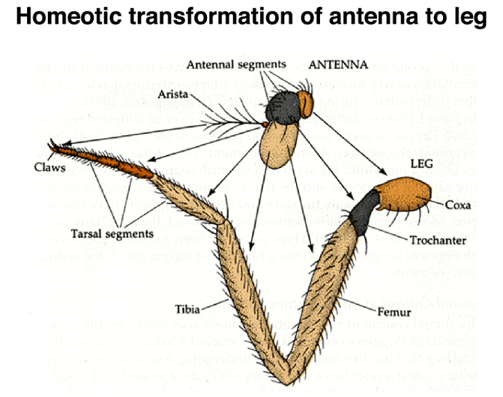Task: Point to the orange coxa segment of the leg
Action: [407, 197]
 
